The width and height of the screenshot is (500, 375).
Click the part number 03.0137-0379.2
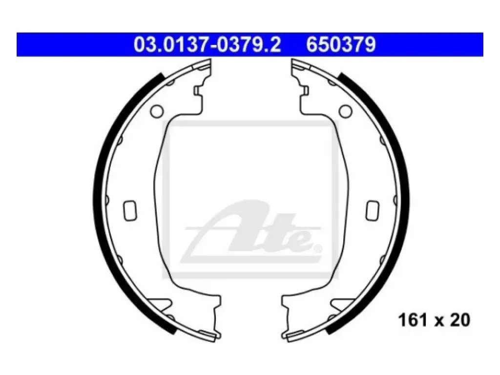point(207,44)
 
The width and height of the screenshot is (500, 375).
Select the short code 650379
point(341,44)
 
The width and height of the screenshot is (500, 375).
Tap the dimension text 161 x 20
point(434,320)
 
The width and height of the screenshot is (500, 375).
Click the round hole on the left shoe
point(157,111)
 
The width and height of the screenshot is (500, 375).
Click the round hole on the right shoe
point(345,111)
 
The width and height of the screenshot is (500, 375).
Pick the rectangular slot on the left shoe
point(130,210)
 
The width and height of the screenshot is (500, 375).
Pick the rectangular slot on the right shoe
point(373,210)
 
